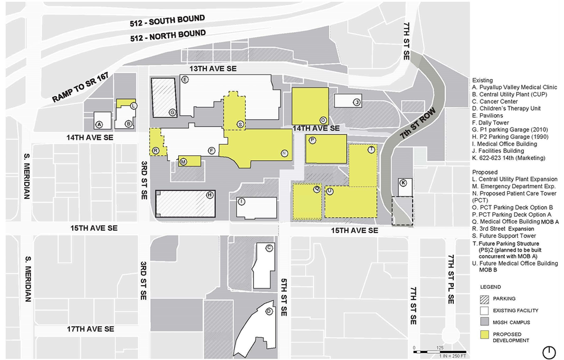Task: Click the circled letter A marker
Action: click(99, 124)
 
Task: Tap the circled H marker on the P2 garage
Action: click(210, 195)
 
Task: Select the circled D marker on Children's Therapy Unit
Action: click(269, 312)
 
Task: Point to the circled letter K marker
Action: click(403, 183)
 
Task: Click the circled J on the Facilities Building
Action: click(355, 102)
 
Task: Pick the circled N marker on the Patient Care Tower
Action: click(284, 153)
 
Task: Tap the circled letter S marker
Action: click(240, 124)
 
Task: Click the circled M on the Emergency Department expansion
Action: click(183, 162)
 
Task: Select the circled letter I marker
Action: click(241, 201)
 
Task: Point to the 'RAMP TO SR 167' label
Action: click(82, 88)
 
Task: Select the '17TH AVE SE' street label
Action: click(91, 329)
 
